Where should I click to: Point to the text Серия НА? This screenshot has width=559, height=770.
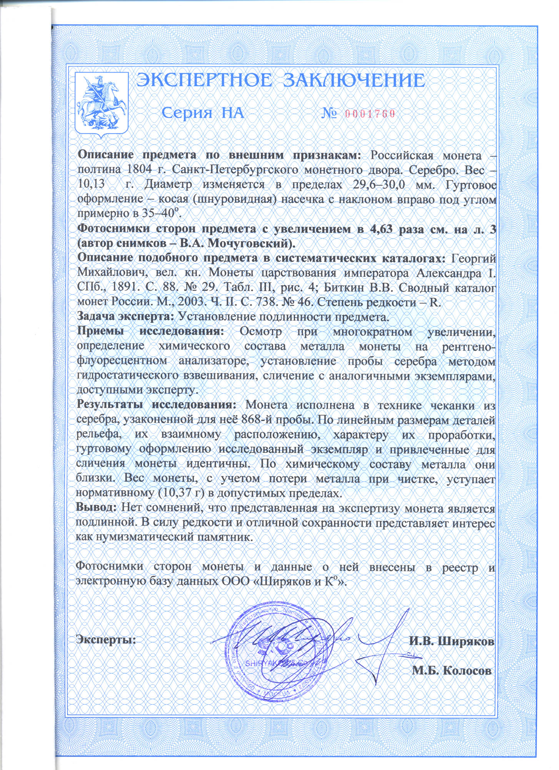[202, 113]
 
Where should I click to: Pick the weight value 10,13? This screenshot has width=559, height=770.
[91, 184]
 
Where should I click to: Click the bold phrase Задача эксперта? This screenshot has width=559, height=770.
[126, 317]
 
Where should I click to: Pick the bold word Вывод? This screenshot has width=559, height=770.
[96, 508]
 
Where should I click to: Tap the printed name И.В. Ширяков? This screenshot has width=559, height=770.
[451, 642]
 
